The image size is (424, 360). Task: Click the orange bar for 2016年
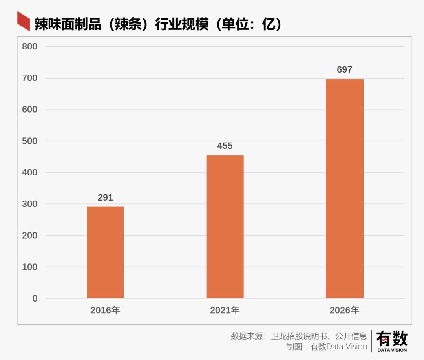tap(105, 252)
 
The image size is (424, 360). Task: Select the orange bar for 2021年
tap(225, 227)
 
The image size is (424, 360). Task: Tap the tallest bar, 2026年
tap(345, 188)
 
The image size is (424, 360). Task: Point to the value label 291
tap(105, 198)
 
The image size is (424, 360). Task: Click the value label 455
tap(225, 146)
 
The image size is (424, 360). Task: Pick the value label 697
tap(345, 70)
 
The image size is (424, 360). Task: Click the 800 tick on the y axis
tap(30, 47)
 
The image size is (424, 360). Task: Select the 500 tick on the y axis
tap(30, 141)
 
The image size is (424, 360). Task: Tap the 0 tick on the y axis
tap(35, 298)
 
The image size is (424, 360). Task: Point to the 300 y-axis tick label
tap(30, 204)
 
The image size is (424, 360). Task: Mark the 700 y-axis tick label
tap(30, 78)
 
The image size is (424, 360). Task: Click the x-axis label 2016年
tap(105, 311)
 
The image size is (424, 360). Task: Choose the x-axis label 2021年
tap(225, 311)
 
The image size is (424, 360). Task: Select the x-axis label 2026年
tap(345, 311)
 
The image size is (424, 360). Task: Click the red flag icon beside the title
tap(24, 21)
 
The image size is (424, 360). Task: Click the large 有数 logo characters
tap(392, 339)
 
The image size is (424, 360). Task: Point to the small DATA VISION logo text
tap(392, 350)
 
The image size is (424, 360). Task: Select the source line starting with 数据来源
tap(299, 336)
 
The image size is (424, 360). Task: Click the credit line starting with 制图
tap(326, 347)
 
